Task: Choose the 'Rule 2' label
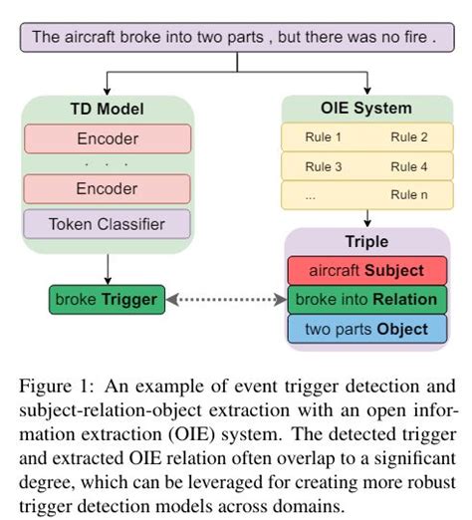[x=409, y=136]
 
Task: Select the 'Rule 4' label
[x=409, y=166]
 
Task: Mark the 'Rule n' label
[x=409, y=196]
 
